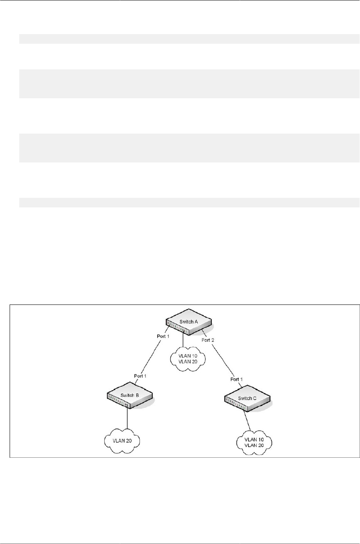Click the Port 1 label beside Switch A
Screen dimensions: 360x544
pyautogui.click(x=163, y=336)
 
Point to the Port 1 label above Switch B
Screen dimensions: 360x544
pyautogui.click(x=140, y=376)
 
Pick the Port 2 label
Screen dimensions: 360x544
pyautogui.click(x=208, y=340)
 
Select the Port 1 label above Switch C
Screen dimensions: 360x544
pyautogui.click(x=237, y=379)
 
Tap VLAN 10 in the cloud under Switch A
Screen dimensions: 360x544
pyautogui.click(x=188, y=356)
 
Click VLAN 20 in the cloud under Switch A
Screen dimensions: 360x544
pyautogui.click(x=188, y=361)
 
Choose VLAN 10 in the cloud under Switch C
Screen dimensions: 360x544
pyautogui.click(x=254, y=440)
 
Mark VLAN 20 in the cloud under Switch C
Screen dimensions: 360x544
pyautogui.click(x=254, y=445)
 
